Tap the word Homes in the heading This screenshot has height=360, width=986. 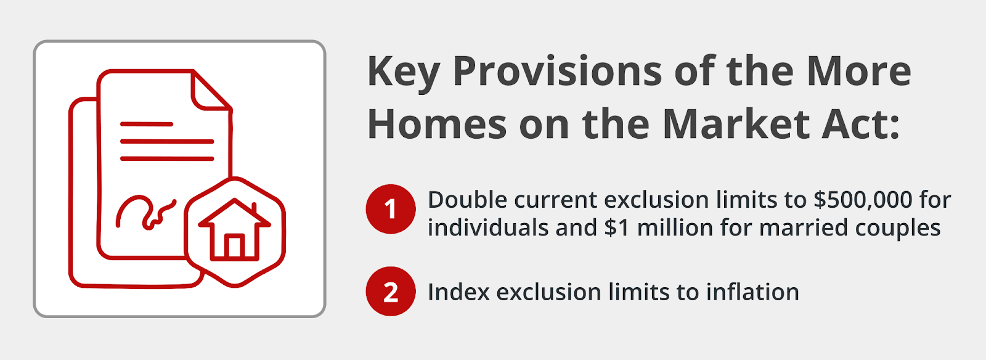click(x=437, y=125)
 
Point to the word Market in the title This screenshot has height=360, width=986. click(x=735, y=125)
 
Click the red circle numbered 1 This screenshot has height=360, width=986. click(x=391, y=209)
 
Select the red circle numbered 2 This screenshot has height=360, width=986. click(x=391, y=292)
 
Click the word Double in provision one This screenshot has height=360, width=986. click(x=468, y=200)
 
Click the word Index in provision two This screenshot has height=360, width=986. click(x=458, y=292)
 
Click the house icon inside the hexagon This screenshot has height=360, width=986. click(x=235, y=229)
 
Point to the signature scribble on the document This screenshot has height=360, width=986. click(x=145, y=213)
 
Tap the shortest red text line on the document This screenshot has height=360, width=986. click(x=147, y=124)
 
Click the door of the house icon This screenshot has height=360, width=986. click(x=234, y=247)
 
